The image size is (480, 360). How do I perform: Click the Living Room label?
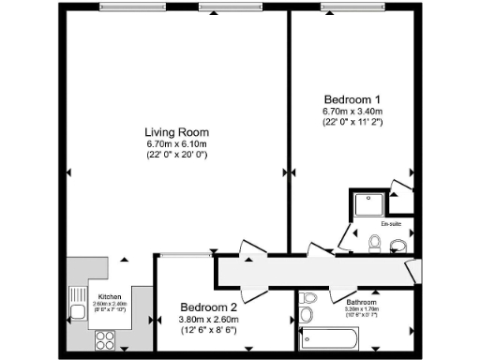pyautogui.click(x=176, y=131)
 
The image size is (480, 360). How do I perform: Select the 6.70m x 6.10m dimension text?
pyautogui.click(x=176, y=143)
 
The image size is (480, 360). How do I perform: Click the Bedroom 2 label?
pyautogui.click(x=208, y=307)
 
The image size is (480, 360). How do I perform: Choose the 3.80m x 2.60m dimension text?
pyautogui.click(x=208, y=320)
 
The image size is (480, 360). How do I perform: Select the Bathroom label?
pyautogui.click(x=362, y=303)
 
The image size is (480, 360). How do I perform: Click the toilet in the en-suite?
pyautogui.click(x=375, y=246)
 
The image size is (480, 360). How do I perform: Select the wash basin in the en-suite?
pyautogui.click(x=398, y=247)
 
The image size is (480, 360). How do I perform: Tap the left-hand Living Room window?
pyautogui.click(x=127, y=9)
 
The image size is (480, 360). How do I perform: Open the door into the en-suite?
pyautogui.click(x=346, y=233)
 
